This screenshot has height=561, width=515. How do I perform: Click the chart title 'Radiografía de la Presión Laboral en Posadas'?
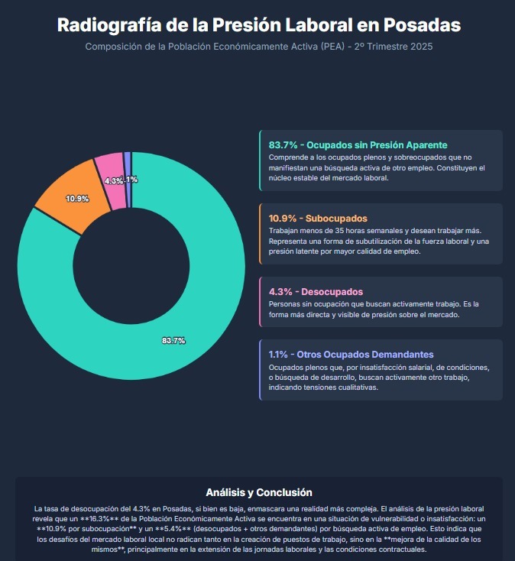click(x=258, y=25)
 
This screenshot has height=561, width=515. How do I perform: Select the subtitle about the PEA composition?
click(x=258, y=47)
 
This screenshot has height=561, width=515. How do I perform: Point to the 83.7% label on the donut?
click(x=173, y=340)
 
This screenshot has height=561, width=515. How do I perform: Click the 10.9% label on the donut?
click(x=77, y=199)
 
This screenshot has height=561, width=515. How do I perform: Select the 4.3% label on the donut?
click(x=112, y=181)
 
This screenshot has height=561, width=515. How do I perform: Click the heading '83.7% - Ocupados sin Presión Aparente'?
click(x=358, y=144)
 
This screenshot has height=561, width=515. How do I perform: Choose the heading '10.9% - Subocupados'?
click(x=318, y=218)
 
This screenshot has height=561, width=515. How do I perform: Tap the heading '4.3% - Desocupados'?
click(x=316, y=291)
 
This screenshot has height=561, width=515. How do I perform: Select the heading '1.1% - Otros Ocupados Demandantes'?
click(x=351, y=354)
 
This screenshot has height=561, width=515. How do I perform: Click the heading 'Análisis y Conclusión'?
click(x=258, y=492)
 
